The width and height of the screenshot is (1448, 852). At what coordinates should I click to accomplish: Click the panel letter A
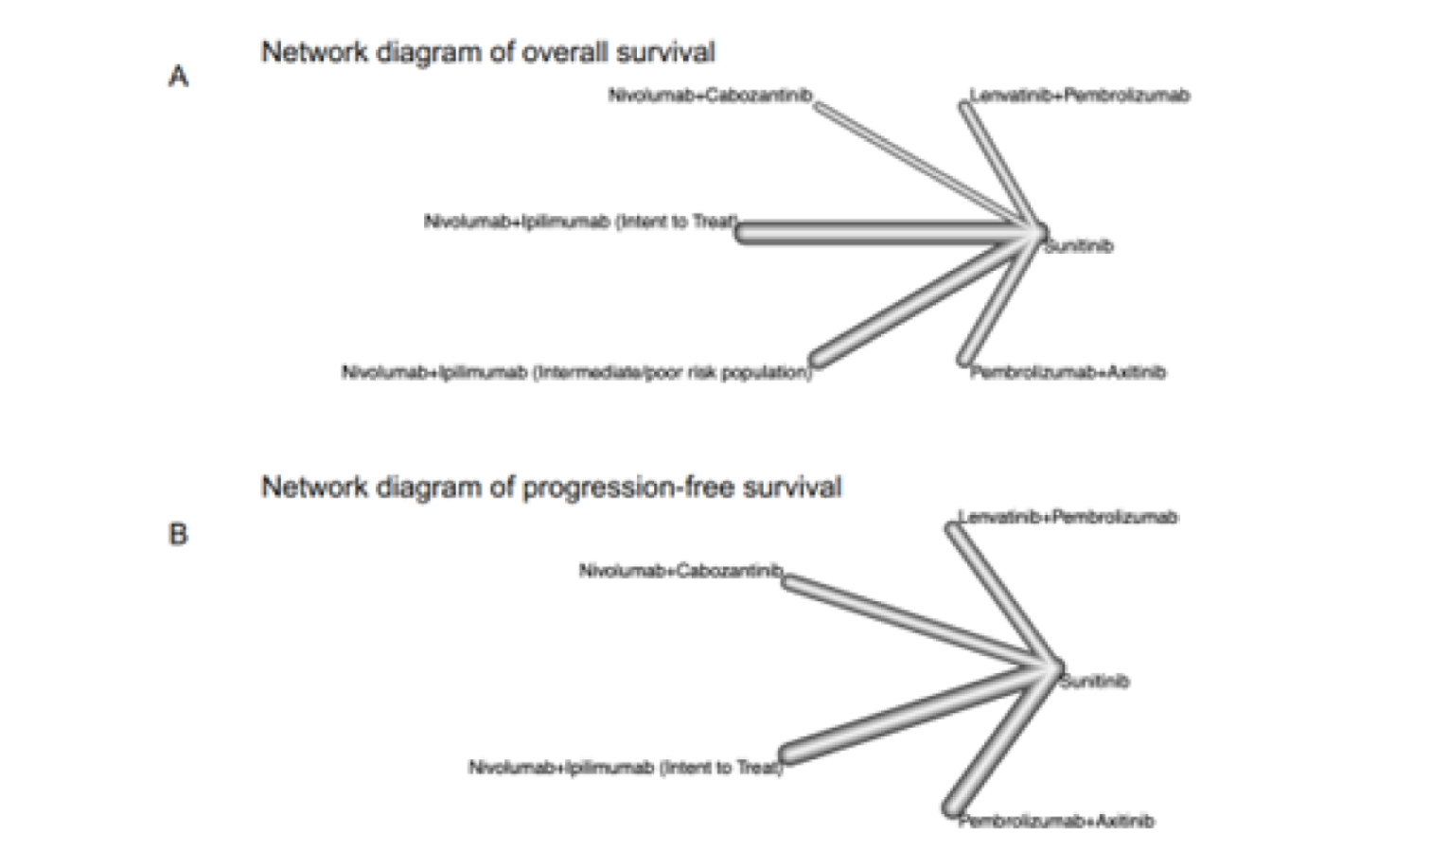(x=178, y=77)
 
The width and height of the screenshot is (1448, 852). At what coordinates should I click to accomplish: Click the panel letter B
(x=178, y=535)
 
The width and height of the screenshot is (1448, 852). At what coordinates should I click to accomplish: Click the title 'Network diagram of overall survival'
(x=487, y=52)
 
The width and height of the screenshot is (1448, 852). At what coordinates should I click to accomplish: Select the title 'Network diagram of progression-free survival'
(x=551, y=488)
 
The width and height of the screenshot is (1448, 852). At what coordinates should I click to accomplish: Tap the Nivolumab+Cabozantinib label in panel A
(x=710, y=96)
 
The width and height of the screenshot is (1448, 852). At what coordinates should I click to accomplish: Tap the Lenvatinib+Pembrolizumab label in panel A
(x=1079, y=96)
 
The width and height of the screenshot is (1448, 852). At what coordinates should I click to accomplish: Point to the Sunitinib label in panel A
(x=1079, y=246)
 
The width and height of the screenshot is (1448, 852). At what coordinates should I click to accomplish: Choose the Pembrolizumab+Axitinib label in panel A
(x=1068, y=372)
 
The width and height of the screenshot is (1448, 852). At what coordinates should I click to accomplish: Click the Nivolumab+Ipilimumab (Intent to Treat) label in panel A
(x=580, y=222)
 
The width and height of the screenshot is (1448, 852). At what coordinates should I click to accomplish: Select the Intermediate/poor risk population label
(x=576, y=372)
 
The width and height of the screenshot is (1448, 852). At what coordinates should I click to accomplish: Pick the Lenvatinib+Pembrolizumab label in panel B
(x=1068, y=517)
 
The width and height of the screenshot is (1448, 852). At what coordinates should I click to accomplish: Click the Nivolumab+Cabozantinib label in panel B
(x=680, y=571)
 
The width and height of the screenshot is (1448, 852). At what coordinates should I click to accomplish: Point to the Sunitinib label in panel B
(x=1095, y=681)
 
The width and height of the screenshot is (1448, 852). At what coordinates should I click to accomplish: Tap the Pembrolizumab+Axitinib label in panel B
(x=1056, y=821)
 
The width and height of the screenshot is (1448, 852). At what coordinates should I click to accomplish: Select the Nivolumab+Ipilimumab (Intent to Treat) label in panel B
(x=626, y=767)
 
